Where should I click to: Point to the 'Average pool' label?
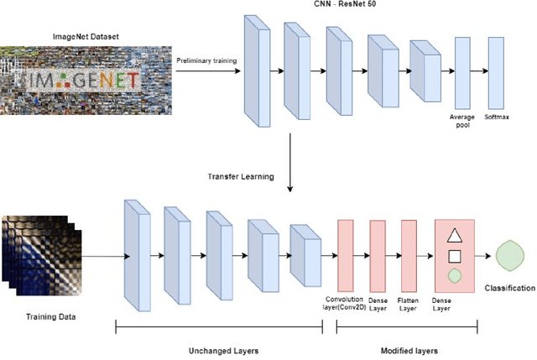(x=461, y=122)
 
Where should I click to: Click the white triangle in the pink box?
(x=453, y=237)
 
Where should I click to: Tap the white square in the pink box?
(x=453, y=257)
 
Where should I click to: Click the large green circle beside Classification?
(x=508, y=256)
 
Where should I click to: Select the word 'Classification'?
(x=508, y=289)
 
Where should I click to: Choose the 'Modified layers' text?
(x=409, y=348)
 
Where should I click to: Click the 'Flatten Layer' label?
(x=409, y=302)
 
